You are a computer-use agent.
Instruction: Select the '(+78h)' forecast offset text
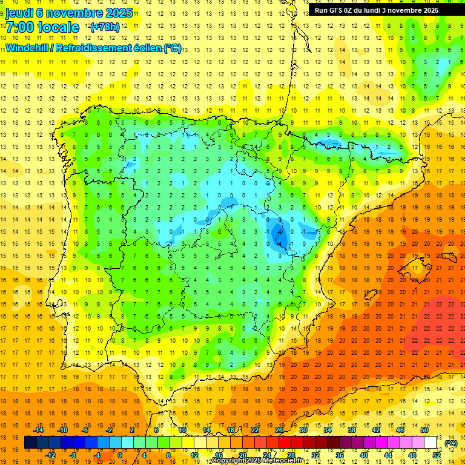click(x=105, y=27)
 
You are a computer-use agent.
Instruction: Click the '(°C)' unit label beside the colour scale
click(x=451, y=443)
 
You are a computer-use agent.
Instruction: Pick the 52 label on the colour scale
click(x=437, y=455)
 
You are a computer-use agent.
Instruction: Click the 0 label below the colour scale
click(x=119, y=455)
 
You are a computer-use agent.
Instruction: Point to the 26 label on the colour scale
click(x=279, y=430)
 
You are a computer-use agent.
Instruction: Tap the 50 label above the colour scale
click(x=424, y=430)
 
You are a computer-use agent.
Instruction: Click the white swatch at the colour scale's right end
click(x=430, y=443)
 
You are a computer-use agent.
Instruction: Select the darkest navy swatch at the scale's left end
click(x=30, y=443)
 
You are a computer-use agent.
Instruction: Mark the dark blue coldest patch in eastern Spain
click(x=280, y=234)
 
